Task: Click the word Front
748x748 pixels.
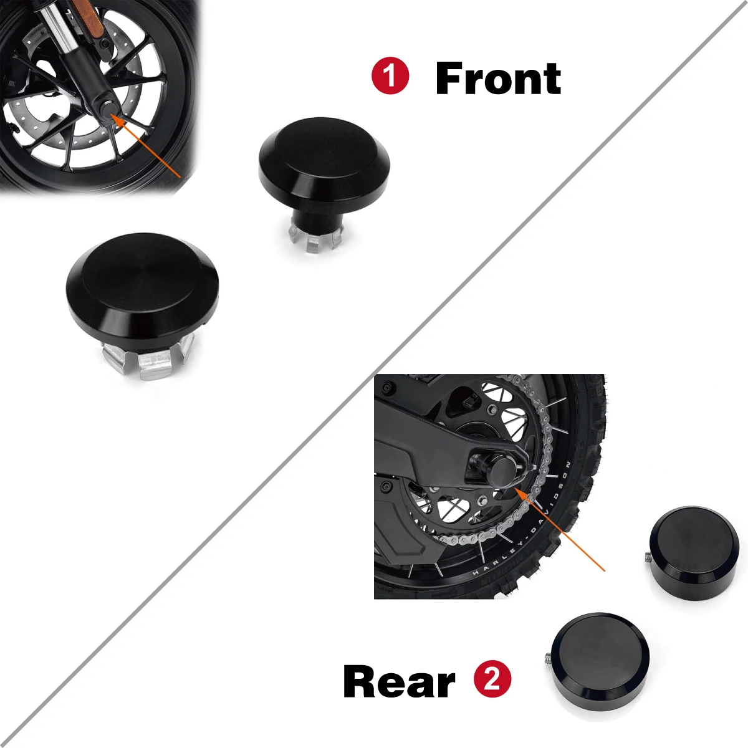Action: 498,79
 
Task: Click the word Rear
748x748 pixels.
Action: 399,681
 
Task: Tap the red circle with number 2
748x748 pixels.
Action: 492,679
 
